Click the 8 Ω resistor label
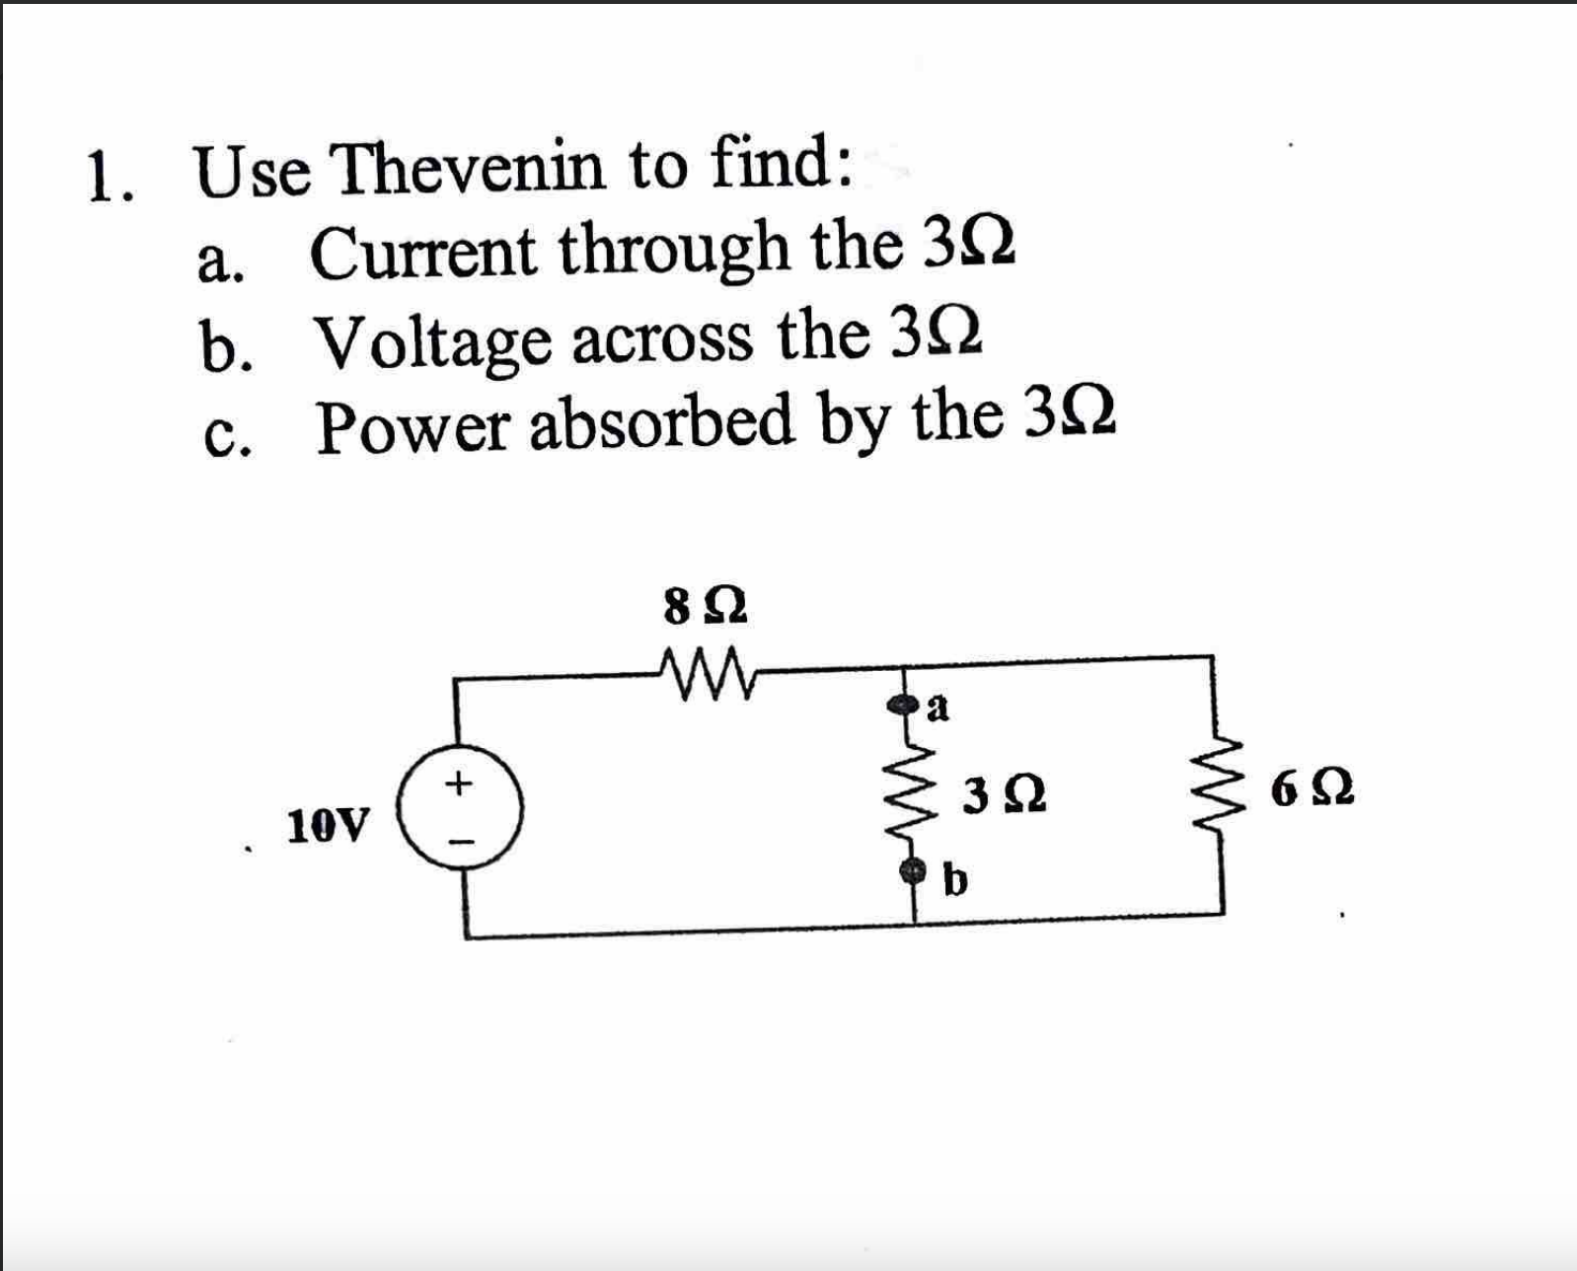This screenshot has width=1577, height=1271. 706,607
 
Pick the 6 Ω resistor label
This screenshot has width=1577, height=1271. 1314,789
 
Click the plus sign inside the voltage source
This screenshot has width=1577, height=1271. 457,785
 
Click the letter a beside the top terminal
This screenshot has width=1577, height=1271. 939,707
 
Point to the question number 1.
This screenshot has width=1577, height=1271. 102,178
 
